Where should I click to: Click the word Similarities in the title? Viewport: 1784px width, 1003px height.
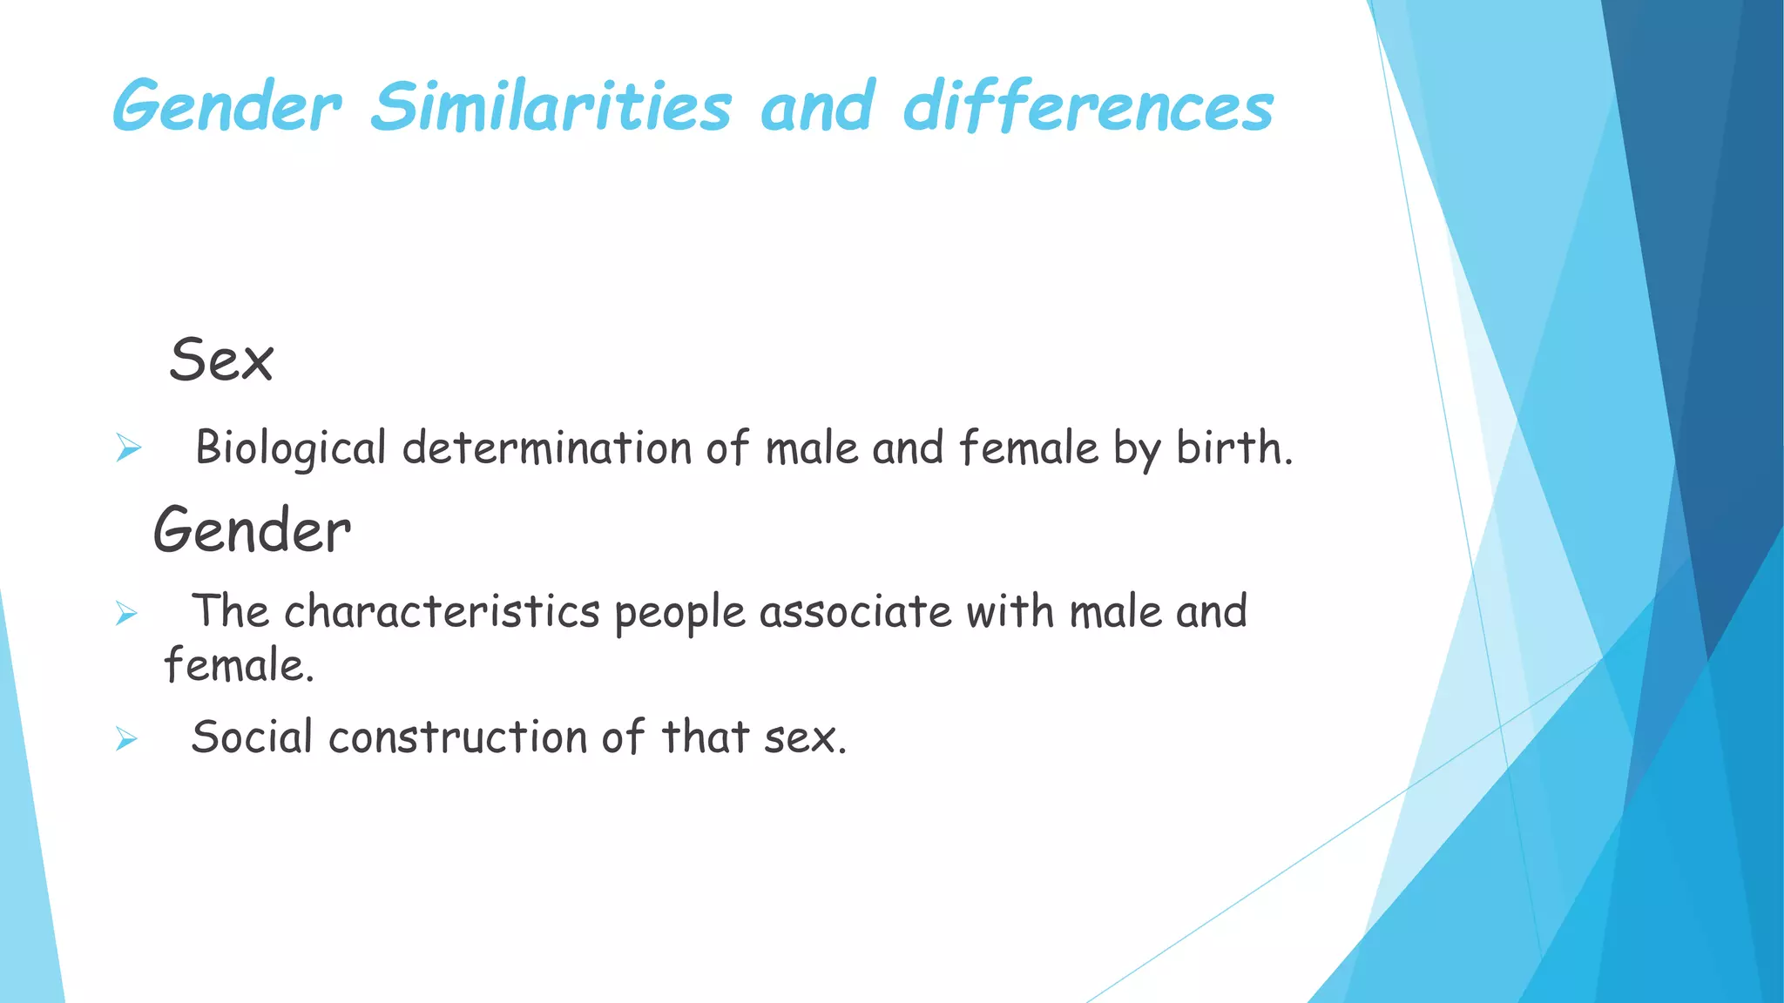click(x=551, y=107)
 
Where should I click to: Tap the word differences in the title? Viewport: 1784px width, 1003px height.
click(x=1088, y=107)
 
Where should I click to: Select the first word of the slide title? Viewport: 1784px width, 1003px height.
click(x=226, y=107)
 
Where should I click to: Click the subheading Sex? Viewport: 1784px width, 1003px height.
click(x=221, y=360)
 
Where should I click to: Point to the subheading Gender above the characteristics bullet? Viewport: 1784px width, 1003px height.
click(x=252, y=530)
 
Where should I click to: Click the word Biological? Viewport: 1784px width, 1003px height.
click(x=290, y=449)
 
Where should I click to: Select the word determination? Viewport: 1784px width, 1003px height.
click(x=546, y=449)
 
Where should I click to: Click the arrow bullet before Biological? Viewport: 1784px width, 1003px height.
click(x=128, y=449)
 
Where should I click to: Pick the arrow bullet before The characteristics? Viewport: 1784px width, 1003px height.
click(x=127, y=614)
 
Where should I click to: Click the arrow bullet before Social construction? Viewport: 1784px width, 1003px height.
click(x=127, y=740)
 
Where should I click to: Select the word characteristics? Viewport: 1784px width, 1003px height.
click(x=442, y=612)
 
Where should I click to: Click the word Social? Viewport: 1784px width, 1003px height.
click(x=252, y=737)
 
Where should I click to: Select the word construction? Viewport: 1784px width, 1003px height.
click(x=457, y=738)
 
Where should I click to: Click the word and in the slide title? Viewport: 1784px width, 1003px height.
click(x=817, y=107)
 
